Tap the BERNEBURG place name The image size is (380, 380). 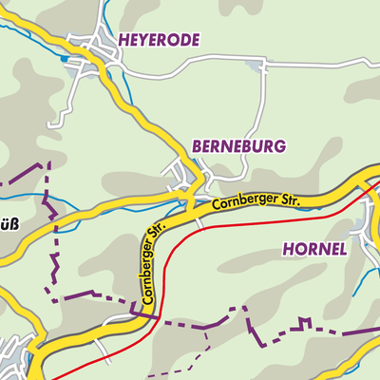(x=238, y=146)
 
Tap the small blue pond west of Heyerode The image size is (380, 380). (x=65, y=59)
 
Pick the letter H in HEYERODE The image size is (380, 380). (x=123, y=40)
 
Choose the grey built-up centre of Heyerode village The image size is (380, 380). (x=100, y=52)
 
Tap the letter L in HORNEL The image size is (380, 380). (x=342, y=248)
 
